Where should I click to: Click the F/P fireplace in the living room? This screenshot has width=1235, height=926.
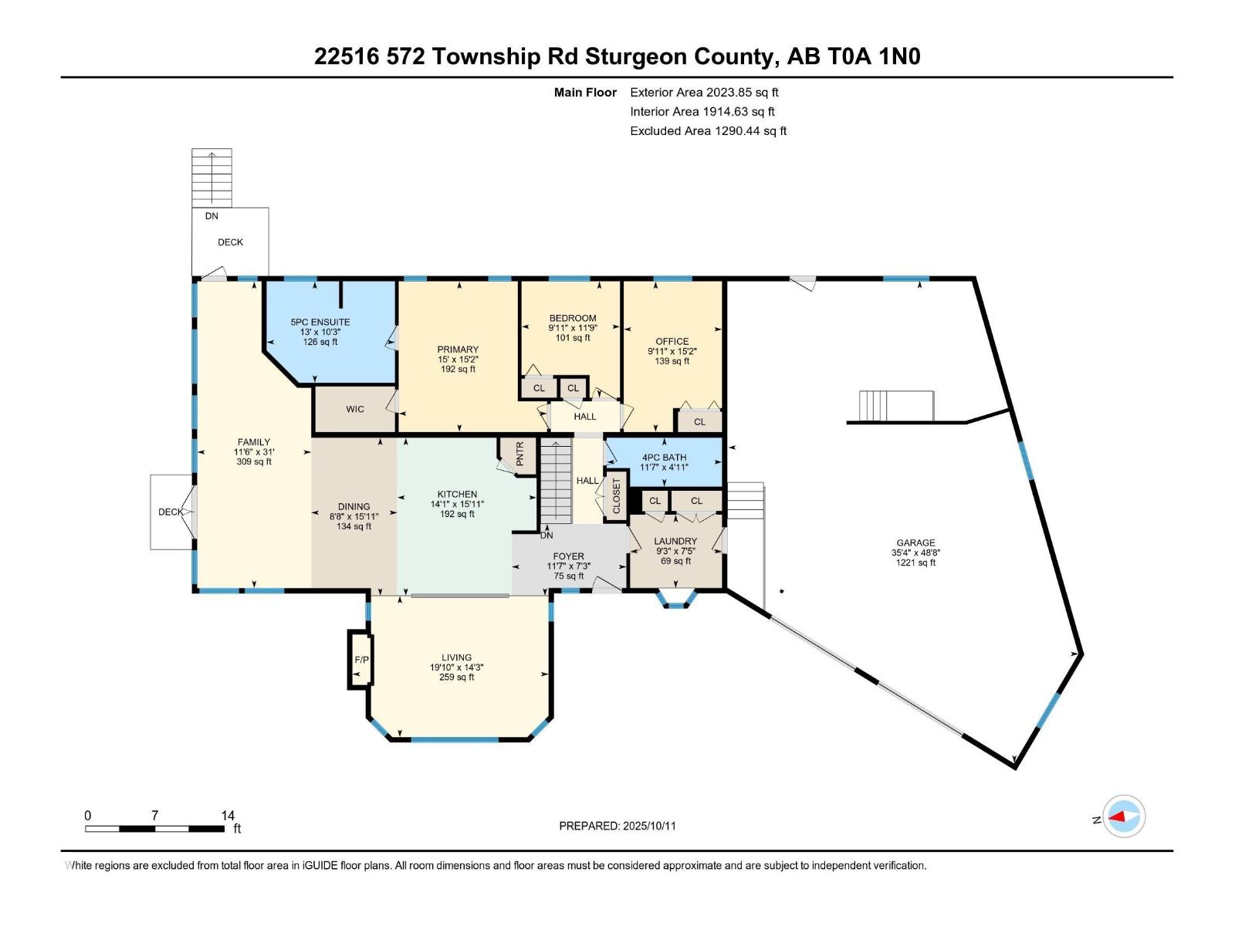pyautogui.click(x=360, y=660)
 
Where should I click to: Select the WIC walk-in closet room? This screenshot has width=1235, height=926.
pyautogui.click(x=354, y=409)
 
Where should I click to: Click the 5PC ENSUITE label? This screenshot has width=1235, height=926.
pyautogui.click(x=320, y=322)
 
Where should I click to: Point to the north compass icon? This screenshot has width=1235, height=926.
pyautogui.click(x=1124, y=816)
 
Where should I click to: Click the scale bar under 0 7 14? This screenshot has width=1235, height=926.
pyautogui.click(x=154, y=829)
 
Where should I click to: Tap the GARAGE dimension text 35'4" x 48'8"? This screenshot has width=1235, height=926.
pyautogui.click(x=915, y=553)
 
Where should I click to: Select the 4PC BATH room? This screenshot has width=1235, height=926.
pyautogui.click(x=664, y=461)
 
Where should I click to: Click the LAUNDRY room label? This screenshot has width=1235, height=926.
pyautogui.click(x=675, y=541)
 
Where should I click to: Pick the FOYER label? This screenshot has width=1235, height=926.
pyautogui.click(x=568, y=556)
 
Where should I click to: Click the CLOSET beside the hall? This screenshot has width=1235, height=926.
pyautogui.click(x=616, y=496)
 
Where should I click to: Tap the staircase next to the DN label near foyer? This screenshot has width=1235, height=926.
pyautogui.click(x=555, y=482)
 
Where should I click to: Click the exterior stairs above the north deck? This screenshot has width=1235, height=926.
pyautogui.click(x=211, y=177)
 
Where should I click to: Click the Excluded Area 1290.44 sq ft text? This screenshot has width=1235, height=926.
pyautogui.click(x=708, y=130)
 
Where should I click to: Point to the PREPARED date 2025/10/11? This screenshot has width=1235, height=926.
pyautogui.click(x=617, y=826)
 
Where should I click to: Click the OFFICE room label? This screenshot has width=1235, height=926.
pyautogui.click(x=672, y=341)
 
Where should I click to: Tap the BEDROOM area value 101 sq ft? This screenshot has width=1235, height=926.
pyautogui.click(x=573, y=338)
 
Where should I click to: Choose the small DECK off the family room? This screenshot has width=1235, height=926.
pyautogui.click(x=171, y=512)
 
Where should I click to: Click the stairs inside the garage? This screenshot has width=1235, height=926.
pyautogui.click(x=896, y=406)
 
